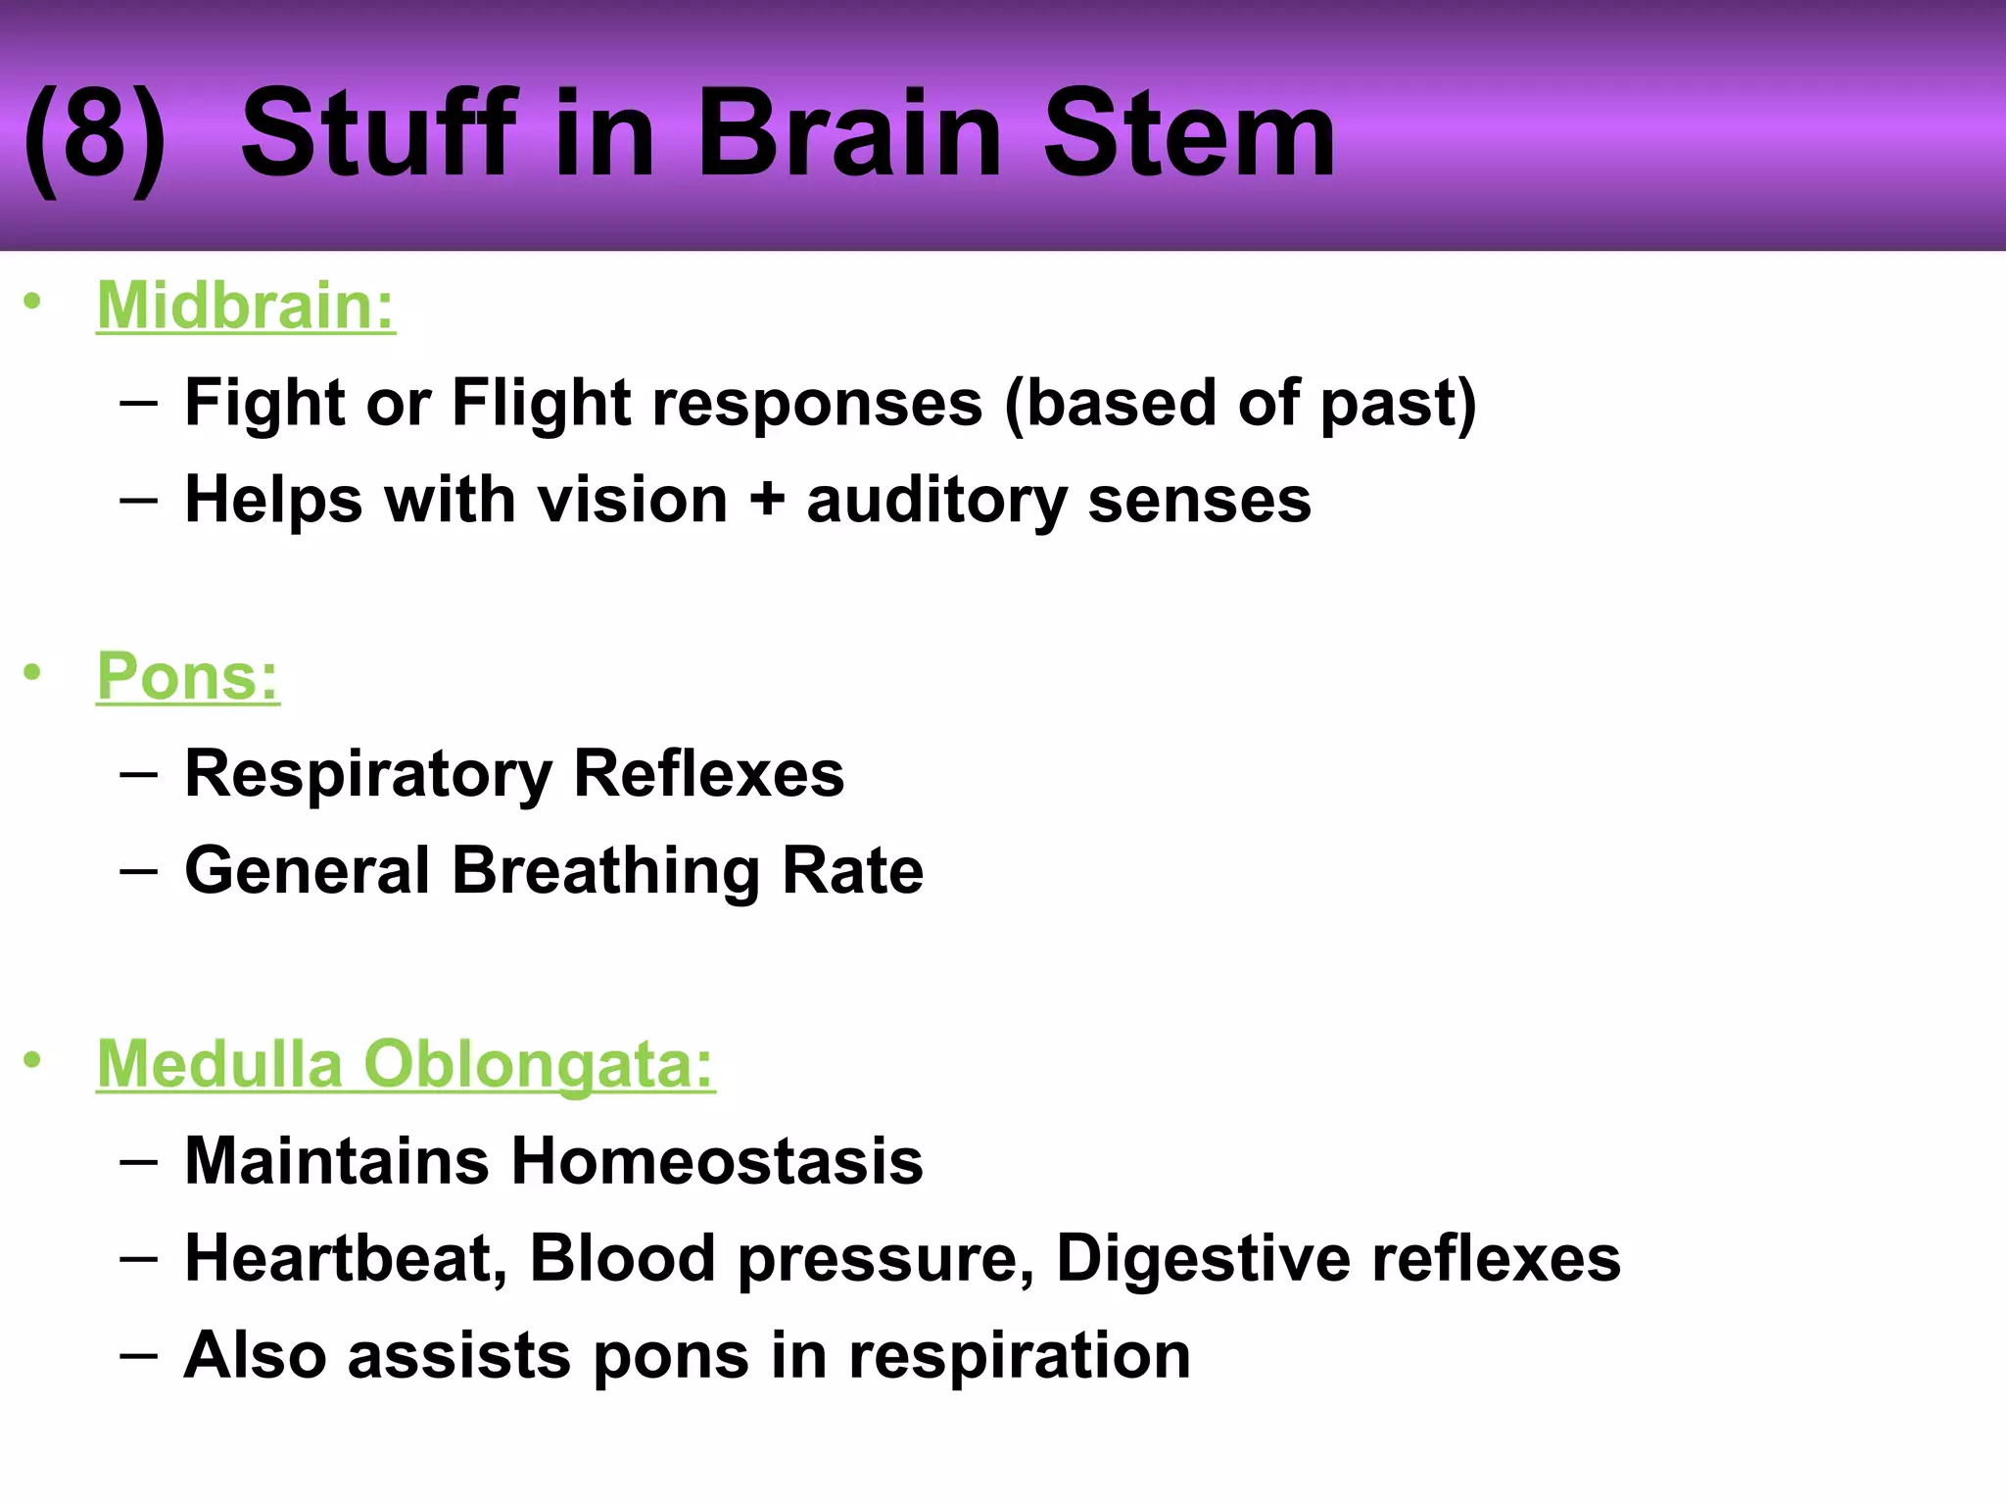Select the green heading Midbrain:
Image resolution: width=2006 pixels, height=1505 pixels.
[246, 306]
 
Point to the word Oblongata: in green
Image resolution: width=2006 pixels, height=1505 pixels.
[539, 1064]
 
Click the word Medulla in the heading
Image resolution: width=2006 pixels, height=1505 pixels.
[219, 1064]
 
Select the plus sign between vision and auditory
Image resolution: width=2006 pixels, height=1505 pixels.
[767, 500]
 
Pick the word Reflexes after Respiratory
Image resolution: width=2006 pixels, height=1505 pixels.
[708, 774]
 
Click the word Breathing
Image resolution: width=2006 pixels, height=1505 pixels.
[606, 871]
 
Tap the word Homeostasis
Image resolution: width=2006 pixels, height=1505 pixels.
[717, 1161]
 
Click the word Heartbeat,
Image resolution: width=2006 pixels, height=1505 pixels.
[347, 1258]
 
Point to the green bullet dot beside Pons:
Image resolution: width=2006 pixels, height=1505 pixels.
[33, 672]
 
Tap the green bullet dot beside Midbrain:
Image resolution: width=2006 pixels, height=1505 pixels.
[33, 302]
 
